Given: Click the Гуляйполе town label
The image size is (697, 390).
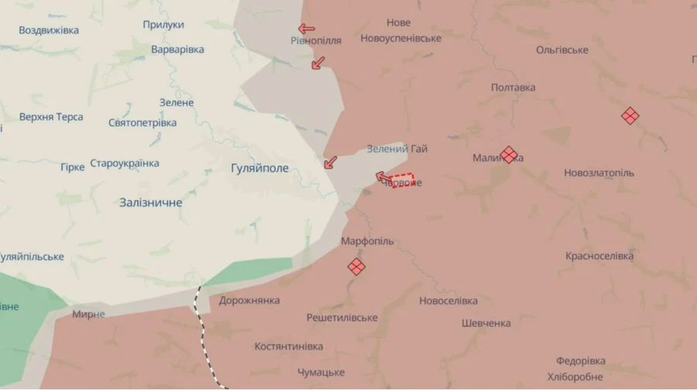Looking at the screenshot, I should pos(259,168).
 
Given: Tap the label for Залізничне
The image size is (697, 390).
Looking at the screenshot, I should pos(151,203).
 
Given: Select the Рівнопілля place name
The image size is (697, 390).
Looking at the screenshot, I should pos(316,40).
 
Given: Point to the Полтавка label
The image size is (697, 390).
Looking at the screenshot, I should pos(513,87).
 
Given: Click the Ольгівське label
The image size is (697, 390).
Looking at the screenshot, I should pos(561,50).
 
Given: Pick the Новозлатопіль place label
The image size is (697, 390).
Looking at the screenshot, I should pos(599,173).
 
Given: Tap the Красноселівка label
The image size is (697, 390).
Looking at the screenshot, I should pos(599,256).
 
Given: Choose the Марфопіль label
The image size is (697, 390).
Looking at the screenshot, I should pos(367,241).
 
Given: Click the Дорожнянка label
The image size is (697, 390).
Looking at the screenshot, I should pos(249,300).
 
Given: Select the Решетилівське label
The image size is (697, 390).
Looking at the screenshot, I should pos(342,318).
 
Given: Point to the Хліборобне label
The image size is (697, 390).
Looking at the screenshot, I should pos(575,377).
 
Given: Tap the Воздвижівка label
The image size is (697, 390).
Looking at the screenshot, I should pos(48,30).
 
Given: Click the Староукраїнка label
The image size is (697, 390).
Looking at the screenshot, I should pos(125,163).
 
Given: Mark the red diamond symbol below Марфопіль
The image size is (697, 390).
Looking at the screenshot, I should pos(356,267).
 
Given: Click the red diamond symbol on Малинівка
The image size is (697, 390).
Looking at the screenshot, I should pos(509,155).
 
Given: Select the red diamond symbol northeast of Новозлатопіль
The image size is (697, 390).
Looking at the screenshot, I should pos(630,116).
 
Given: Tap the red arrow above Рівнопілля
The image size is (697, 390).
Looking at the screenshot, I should pos(307,29).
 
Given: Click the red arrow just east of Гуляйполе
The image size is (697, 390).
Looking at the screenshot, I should pos(331,162).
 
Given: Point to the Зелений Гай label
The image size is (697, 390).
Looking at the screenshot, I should pos(397,149).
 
